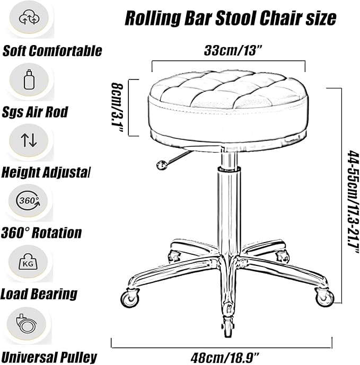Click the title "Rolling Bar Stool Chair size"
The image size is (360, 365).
click(231, 18)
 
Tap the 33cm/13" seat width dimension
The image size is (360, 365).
click(233, 50)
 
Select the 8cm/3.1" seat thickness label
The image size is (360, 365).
click(117, 108)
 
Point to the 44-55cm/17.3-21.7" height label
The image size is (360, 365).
click(353, 202)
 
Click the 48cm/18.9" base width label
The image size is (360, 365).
click(225, 357)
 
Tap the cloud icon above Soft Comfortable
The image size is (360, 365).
click(29, 19)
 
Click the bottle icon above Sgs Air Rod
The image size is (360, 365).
click(29, 79)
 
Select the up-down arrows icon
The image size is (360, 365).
click(29, 140)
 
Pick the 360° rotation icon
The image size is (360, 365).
click(29, 201)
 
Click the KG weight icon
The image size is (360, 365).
click(28, 262)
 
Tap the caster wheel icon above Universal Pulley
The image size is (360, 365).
click(27, 324)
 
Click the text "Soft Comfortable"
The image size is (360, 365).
click(52, 50)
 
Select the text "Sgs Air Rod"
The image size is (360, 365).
click(35, 112)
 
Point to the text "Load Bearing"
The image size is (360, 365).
click(39, 294)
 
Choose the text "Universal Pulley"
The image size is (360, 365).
click(49, 357)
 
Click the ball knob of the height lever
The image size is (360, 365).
click(161, 165)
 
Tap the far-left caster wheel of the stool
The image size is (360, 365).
click(130, 298)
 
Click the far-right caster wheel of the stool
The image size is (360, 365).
click(324, 297)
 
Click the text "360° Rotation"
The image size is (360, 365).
click(41, 233)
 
